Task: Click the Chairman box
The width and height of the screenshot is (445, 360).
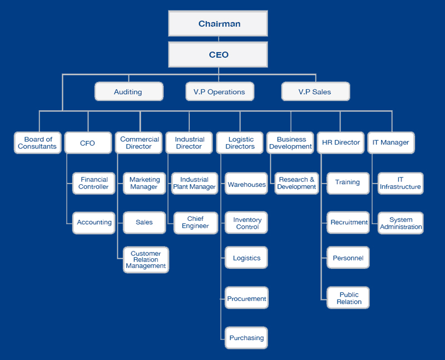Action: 218,23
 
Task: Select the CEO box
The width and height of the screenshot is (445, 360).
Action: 218,55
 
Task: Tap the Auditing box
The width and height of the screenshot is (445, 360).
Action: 128,92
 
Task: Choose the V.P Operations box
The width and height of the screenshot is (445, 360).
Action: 219,92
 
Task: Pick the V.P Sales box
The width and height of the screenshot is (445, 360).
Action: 315,92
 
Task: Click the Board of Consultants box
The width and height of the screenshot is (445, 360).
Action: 38,143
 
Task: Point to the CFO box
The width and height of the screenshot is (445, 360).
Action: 87,143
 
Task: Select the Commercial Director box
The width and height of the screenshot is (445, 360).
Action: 139,143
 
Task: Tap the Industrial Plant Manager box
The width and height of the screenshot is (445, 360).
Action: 195,183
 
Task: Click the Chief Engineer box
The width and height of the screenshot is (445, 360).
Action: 195,223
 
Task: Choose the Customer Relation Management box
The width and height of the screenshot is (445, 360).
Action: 146,260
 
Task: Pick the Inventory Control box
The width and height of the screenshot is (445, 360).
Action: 247,223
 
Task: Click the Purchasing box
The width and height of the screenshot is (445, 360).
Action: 247,338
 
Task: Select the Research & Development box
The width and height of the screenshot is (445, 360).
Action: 296,183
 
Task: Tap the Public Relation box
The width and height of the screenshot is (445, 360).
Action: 349,298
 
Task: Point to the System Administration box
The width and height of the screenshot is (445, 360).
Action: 400,223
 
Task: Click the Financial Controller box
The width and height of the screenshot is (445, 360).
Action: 94,183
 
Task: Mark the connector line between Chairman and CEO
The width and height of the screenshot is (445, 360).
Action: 218,39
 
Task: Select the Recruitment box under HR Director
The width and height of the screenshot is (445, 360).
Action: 349,223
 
